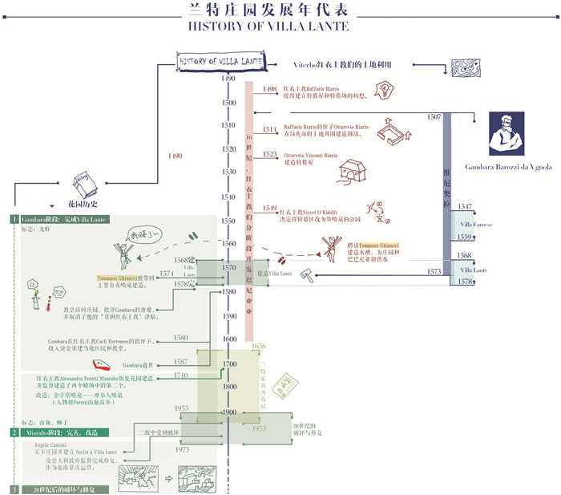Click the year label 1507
(x=434, y=117)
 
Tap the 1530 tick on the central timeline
(x=229, y=172)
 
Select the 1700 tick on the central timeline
(x=229, y=364)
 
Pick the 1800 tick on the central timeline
(x=229, y=387)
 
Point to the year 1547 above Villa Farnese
(x=465, y=207)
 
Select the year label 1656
(x=259, y=346)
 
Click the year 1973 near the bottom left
(x=183, y=450)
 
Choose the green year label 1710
(x=182, y=375)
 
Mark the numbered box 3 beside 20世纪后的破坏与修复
(x=14, y=489)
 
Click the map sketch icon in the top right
(x=463, y=67)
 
